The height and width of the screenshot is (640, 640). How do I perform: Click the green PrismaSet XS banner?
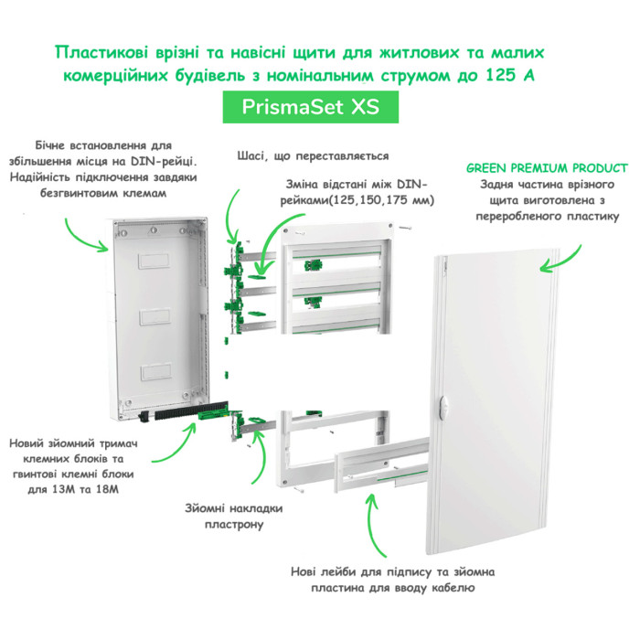coord(310,107)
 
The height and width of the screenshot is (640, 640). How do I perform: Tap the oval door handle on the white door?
coord(443,407)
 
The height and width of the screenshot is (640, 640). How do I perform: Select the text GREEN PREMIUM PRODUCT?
coord(547,168)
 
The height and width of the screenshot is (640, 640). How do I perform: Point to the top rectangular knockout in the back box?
coord(154,261)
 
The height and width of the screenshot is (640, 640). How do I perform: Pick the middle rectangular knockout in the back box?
coord(155,316)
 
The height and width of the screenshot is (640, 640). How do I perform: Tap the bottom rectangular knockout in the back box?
coord(155,372)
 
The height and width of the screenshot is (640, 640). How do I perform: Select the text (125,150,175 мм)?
coord(380,201)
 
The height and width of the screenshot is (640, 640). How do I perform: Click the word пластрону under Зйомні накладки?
coord(234,525)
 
